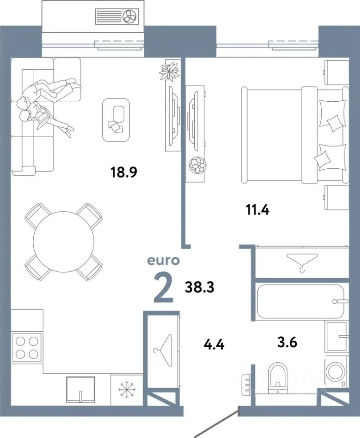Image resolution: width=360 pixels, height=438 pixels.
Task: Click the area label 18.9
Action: tap(124, 172)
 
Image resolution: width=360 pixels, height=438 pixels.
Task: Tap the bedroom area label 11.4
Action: tap(257, 210)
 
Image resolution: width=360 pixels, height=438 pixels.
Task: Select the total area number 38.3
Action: tap(199, 287)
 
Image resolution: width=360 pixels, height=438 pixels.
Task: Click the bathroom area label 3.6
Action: tap(287, 342)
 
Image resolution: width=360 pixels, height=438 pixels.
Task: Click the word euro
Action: tap(163, 261)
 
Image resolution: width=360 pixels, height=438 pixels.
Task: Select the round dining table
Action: tap(63, 242)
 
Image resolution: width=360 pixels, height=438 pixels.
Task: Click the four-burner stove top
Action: tap(26, 348)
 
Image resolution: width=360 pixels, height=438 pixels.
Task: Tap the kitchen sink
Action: tap(80, 390)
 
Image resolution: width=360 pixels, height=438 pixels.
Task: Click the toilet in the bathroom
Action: tap(277, 378)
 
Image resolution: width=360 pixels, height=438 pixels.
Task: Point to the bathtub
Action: tap(301, 301)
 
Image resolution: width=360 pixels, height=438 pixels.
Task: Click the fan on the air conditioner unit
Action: tap(130, 16)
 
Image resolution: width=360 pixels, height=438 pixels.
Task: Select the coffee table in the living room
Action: tap(116, 120)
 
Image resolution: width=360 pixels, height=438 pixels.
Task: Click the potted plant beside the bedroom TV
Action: tap(198, 165)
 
